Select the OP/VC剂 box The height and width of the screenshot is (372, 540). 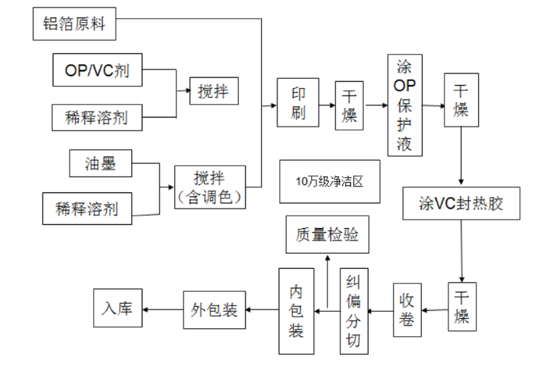(x=98, y=70)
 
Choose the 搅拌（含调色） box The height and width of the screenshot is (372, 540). (x=209, y=186)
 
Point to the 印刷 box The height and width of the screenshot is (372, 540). (x=298, y=105)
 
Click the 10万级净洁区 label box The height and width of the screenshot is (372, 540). (x=329, y=182)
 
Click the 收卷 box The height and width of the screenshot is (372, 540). (x=407, y=310)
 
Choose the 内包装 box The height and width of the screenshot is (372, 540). (x=297, y=311)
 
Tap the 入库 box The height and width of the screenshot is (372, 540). (x=118, y=310)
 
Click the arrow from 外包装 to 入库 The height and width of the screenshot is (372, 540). (x=163, y=310)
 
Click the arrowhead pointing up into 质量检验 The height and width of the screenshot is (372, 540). (x=327, y=258)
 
